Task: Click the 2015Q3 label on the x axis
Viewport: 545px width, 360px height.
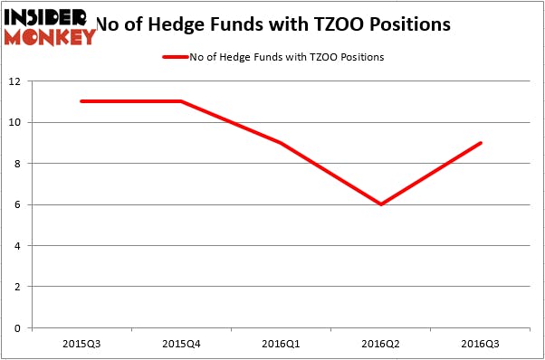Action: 81,344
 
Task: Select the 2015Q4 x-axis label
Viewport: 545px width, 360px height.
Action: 181,344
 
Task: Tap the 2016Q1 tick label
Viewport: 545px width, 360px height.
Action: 282,344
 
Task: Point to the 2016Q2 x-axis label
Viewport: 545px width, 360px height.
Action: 381,344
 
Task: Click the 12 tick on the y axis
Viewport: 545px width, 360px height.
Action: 16,81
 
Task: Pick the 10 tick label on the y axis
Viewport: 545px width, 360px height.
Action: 16,122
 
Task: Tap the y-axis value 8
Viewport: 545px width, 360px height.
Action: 19,164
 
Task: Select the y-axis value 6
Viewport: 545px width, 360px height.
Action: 19,204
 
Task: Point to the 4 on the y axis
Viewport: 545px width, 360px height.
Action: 19,246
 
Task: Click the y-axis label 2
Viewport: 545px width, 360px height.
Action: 19,287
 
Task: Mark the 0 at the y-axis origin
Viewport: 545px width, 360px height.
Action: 19,328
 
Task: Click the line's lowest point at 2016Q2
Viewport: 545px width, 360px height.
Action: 381,204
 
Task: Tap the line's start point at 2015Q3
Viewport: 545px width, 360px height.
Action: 81,101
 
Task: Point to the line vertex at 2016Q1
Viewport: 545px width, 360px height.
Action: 282,143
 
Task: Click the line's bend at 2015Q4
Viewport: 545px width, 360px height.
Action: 181,101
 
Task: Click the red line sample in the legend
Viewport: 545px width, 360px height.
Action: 174,57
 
